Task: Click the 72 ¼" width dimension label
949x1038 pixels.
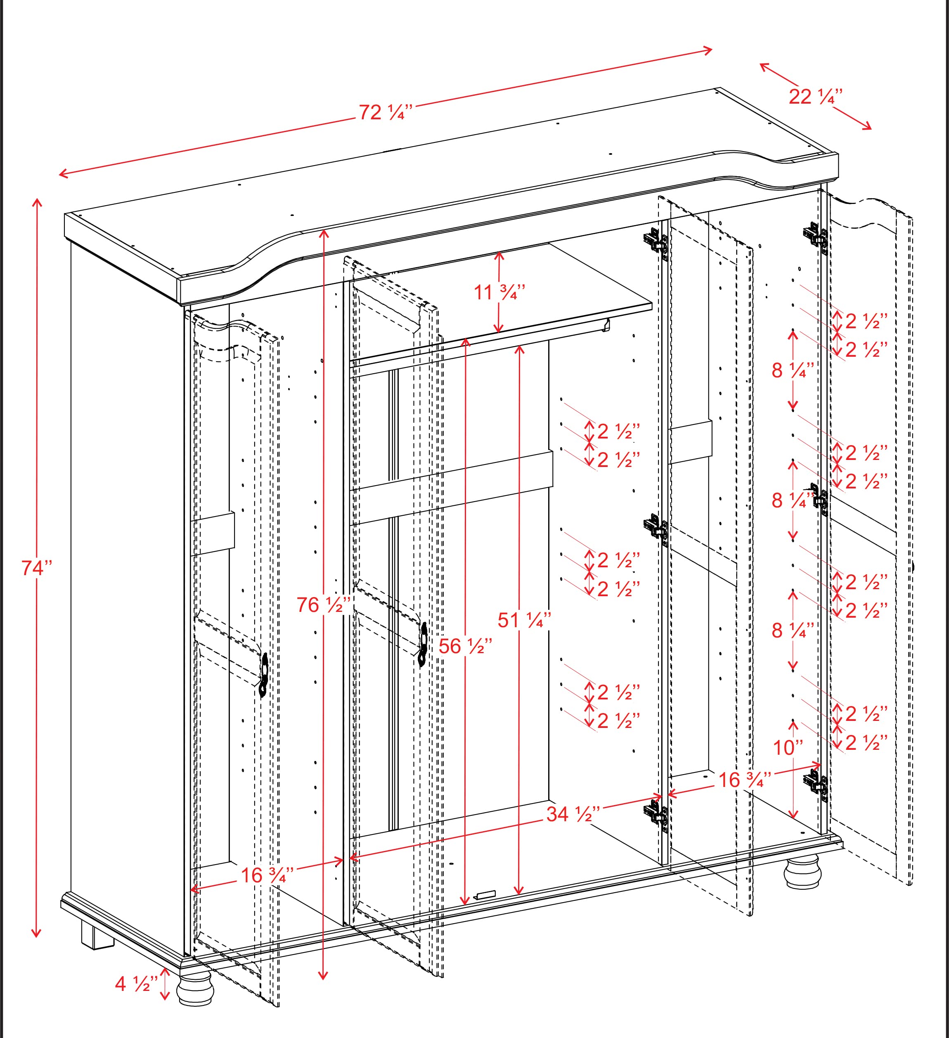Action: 386,112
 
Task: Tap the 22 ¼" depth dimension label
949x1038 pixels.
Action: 815,97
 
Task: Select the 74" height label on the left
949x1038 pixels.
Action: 37,567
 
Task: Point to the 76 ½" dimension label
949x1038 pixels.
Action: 324,604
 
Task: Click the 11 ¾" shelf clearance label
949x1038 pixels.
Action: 499,292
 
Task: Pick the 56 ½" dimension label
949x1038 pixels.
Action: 465,646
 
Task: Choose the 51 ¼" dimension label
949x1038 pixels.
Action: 524,621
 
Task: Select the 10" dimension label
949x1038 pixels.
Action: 788,748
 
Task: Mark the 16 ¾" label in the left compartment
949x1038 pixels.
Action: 267,875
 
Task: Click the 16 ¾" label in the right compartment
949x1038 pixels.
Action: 744,780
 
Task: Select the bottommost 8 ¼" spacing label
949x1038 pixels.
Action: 793,630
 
